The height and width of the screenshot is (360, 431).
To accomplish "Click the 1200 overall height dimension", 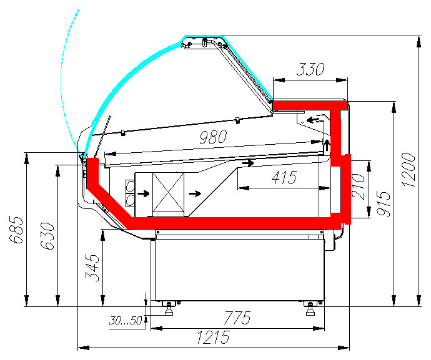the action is click(409, 170).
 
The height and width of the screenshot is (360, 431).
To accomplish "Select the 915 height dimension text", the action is click(384, 203).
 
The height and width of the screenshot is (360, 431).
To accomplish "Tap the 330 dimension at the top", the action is click(310, 69).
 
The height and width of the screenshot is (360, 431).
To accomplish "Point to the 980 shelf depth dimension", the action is click(213, 137).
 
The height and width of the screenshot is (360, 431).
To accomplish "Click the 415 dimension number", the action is click(284, 177).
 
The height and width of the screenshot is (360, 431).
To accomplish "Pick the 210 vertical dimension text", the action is click(358, 187).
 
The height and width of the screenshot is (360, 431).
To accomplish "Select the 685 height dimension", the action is click(16, 230).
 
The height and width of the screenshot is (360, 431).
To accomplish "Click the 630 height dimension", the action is click(48, 236).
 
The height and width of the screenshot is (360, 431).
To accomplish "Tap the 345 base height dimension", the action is click(92, 268).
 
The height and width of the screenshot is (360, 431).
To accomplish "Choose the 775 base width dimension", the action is click(237, 318).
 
